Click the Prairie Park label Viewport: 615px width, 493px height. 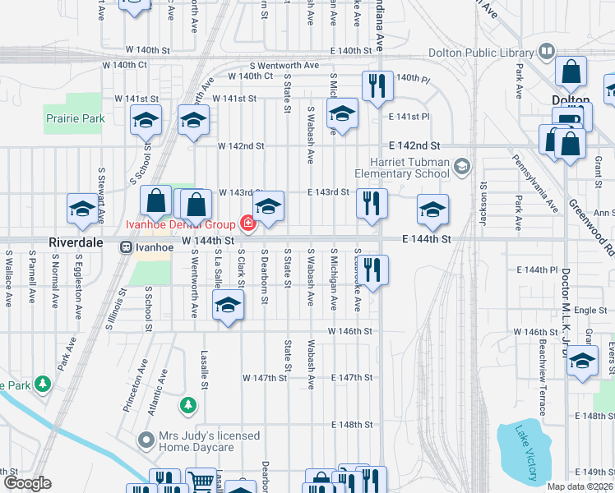click(x=75, y=119)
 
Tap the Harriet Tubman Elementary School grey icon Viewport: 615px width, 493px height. click(x=461, y=167)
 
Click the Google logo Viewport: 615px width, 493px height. click(x=27, y=483)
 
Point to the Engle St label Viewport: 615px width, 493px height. click(x=591, y=310)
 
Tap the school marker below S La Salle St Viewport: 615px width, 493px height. click(x=228, y=306)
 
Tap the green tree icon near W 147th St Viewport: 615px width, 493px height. click(x=188, y=405)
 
